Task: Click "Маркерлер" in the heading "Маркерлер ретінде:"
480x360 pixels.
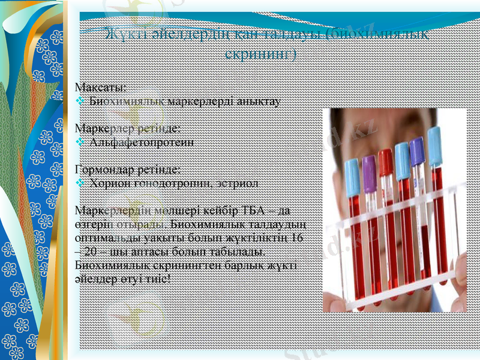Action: tap(101, 128)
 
